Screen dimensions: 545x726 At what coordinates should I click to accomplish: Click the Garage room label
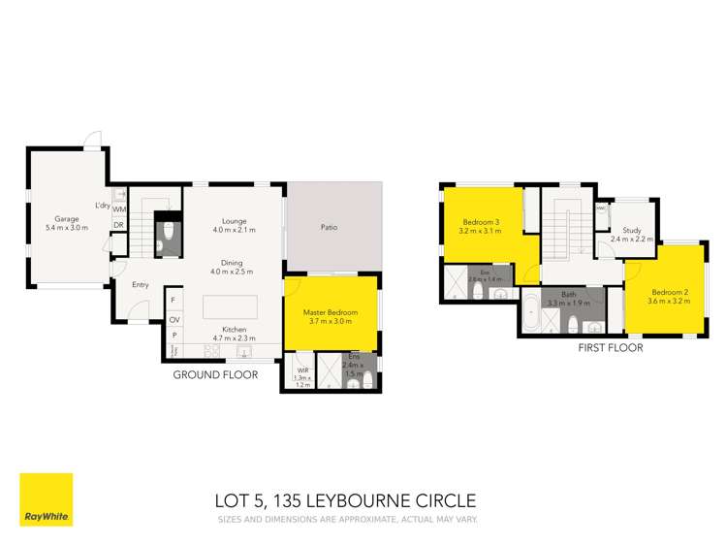(66, 219)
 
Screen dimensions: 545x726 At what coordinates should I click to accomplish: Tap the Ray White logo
(46, 499)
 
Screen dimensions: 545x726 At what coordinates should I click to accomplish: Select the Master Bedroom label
(331, 312)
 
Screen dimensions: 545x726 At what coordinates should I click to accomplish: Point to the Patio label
(330, 229)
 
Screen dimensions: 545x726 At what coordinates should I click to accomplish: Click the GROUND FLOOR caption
(215, 374)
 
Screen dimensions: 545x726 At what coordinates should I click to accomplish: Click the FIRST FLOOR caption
(611, 346)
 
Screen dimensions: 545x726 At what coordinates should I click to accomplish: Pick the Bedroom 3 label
(481, 221)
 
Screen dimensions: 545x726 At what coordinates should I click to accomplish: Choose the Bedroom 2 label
(669, 293)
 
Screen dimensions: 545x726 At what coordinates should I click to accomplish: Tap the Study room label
(632, 231)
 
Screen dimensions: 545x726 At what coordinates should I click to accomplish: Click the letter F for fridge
(174, 302)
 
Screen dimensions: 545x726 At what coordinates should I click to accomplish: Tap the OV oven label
(174, 319)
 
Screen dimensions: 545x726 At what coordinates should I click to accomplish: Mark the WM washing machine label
(118, 208)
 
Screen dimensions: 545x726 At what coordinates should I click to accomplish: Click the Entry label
(142, 284)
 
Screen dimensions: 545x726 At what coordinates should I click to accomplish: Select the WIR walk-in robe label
(301, 369)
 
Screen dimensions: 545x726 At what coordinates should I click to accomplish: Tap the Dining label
(233, 262)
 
